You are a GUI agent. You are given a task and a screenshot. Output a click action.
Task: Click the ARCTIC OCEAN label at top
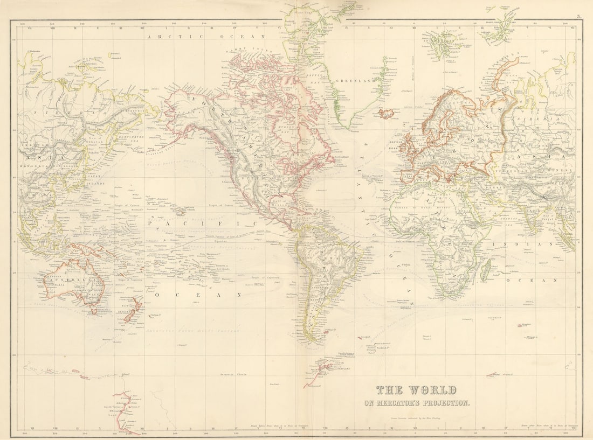pyautogui.click(x=205, y=37)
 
